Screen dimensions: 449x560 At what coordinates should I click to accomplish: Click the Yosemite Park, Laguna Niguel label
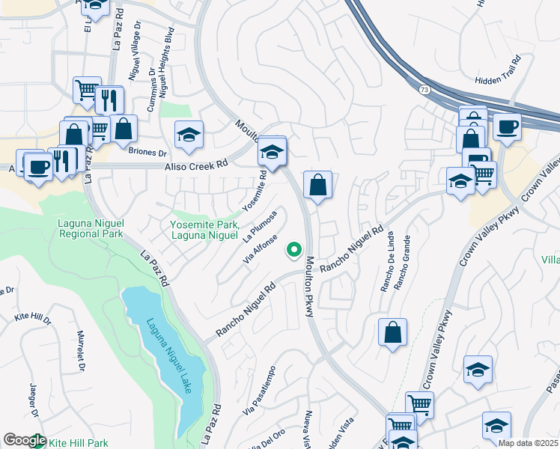(204, 230)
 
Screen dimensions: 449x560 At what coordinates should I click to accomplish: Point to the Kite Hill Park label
(79, 443)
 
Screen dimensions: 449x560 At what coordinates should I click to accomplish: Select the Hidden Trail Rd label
(497, 78)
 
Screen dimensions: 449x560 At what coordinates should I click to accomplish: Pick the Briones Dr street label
(147, 151)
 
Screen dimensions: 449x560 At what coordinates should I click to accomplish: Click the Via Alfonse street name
(261, 249)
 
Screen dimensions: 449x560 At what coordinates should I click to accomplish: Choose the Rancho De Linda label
(387, 268)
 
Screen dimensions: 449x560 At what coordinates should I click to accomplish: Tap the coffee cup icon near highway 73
(507, 127)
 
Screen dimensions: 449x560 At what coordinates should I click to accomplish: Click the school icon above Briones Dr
(189, 135)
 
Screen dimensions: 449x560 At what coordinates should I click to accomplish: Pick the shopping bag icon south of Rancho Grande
(392, 332)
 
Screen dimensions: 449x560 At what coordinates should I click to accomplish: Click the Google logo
(25, 441)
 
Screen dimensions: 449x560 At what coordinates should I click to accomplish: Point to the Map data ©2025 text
(528, 443)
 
